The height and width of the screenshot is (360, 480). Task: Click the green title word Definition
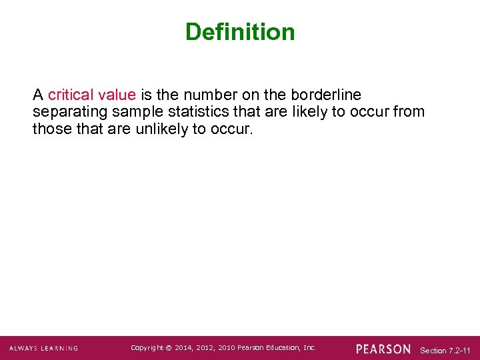coord(240,31)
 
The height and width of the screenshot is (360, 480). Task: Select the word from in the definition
coord(409,111)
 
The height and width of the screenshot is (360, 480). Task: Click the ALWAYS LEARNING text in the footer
coord(43,348)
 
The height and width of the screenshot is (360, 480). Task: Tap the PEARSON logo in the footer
coord(383,349)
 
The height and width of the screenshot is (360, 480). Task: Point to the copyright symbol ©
coord(169,348)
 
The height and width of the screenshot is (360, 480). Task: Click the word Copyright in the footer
coord(147,348)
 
